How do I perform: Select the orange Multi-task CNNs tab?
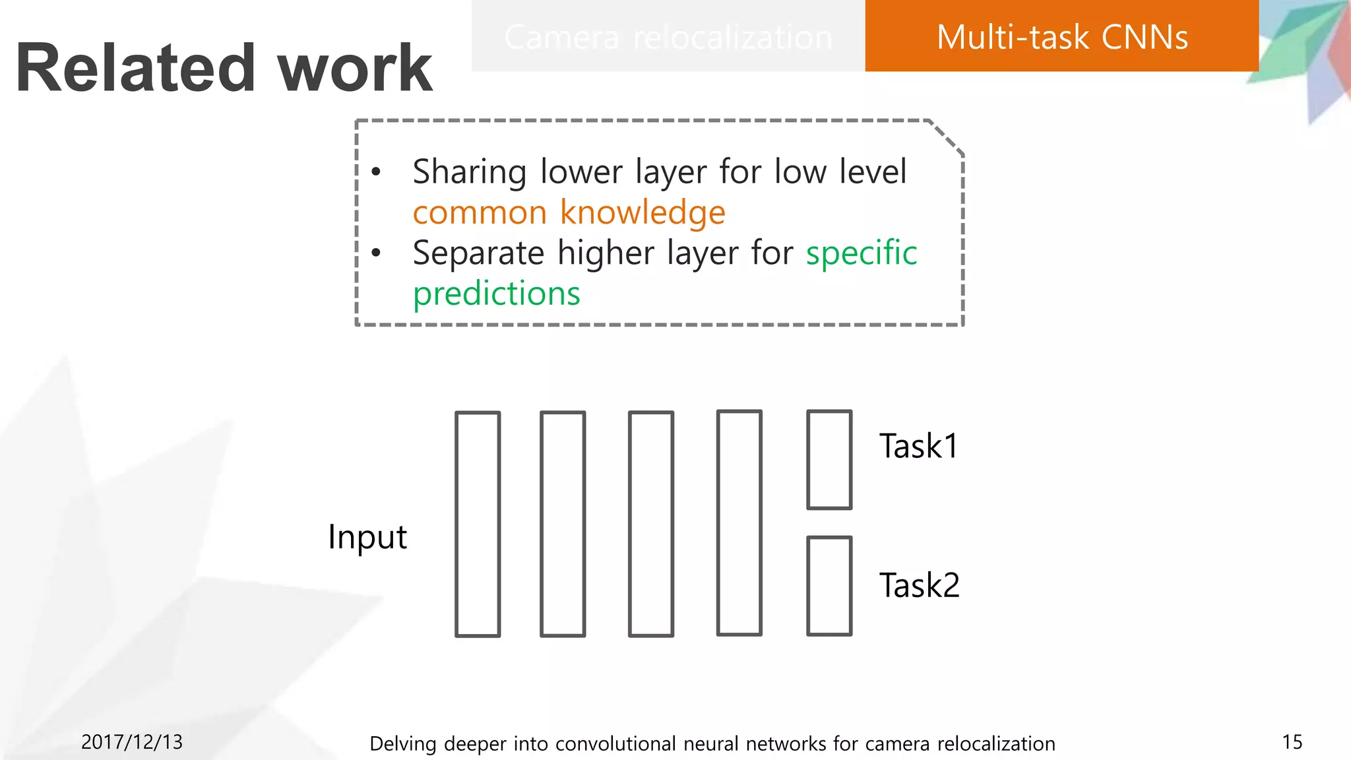[x=1061, y=37]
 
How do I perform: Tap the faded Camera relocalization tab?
[x=668, y=37]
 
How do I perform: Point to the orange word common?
[x=480, y=213]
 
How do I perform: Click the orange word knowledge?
[x=643, y=213]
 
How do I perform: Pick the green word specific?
[x=861, y=253]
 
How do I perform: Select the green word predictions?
[x=496, y=294]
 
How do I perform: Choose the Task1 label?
[x=918, y=447]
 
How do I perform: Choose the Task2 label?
[x=919, y=586]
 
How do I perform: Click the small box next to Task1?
[x=829, y=460]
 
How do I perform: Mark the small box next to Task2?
[x=829, y=586]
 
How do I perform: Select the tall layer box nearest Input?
[x=478, y=524]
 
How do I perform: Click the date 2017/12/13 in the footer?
[x=132, y=742]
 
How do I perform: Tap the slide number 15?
[x=1292, y=742]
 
